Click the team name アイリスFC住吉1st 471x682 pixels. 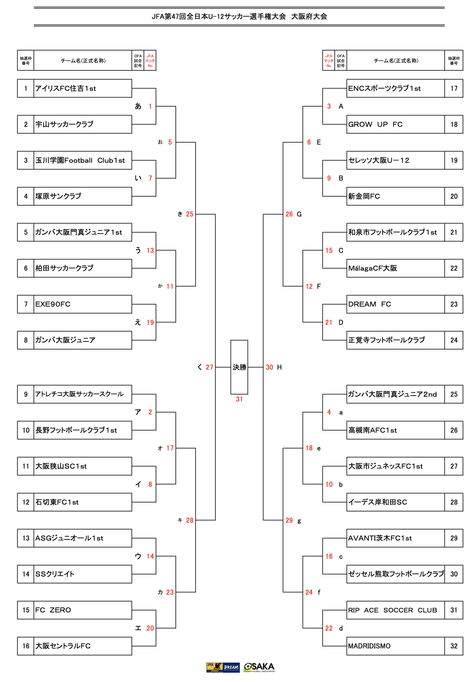pyautogui.click(x=65, y=88)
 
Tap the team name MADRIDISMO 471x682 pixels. pyautogui.click(x=369, y=646)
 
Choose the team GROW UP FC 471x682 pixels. pyautogui.click(x=375, y=124)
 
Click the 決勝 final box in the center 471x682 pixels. pyautogui.click(x=239, y=367)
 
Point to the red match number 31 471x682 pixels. pyautogui.click(x=239, y=399)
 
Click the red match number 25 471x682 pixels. pyautogui.click(x=190, y=214)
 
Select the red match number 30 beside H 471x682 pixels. pyautogui.click(x=269, y=367)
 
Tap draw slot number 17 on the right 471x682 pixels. pyautogui.click(x=454, y=88)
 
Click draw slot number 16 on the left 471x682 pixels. pyautogui.click(x=26, y=646)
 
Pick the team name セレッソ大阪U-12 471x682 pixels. pyautogui.click(x=379, y=160)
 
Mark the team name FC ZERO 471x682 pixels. pyautogui.click(x=53, y=610)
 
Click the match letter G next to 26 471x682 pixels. pyautogui.click(x=299, y=214)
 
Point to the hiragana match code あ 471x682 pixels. pyautogui.click(x=138, y=106)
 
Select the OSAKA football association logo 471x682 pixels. pyautogui.click(x=259, y=667)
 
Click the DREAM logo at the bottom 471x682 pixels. pyautogui.click(x=231, y=667)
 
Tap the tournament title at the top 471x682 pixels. pyautogui.click(x=239, y=17)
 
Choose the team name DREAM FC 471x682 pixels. pyautogui.click(x=370, y=304)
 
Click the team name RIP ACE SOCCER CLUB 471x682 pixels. pyautogui.click(x=393, y=610)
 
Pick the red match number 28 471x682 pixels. pyautogui.click(x=190, y=520)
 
